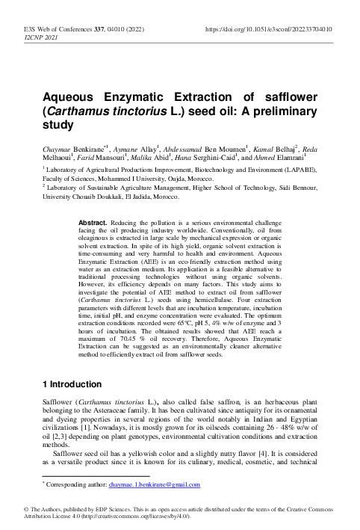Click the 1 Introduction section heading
click(x=71, y=383)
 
